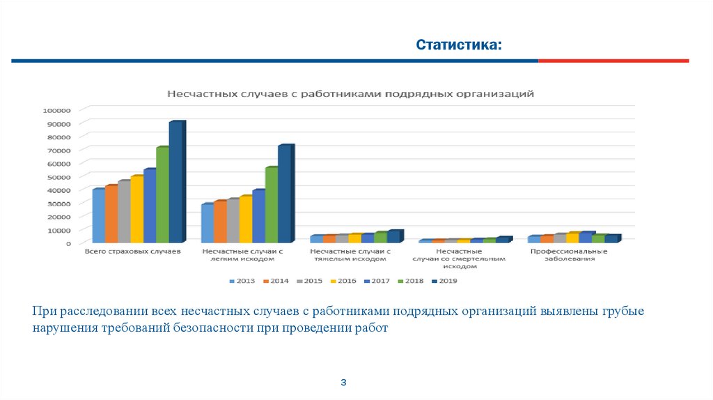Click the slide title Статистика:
[458, 45]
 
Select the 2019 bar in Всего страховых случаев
[175, 181]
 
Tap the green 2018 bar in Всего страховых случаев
[162, 194]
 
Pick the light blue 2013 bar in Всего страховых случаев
[98, 215]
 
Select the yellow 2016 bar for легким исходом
[245, 219]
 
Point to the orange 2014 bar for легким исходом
[220, 221]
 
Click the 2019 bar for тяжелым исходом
[393, 236]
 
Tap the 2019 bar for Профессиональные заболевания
[611, 238]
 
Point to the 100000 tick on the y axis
[57, 110]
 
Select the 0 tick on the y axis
[68, 243]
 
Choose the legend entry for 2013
[242, 281]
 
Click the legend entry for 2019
[444, 281]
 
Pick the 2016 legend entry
[343, 281]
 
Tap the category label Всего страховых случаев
[132, 251]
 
